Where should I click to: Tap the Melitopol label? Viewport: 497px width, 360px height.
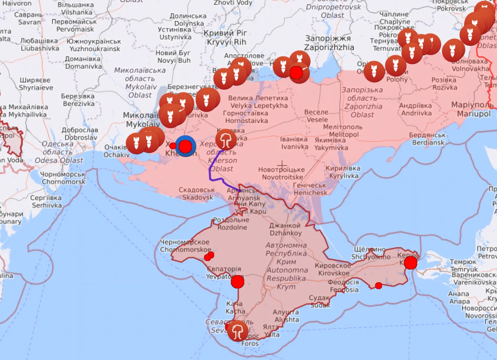(x=343, y=131)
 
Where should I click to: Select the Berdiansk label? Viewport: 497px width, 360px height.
(x=428, y=139)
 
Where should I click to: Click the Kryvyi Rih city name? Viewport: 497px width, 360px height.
(x=226, y=38)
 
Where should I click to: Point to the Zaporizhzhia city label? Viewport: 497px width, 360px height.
(x=329, y=43)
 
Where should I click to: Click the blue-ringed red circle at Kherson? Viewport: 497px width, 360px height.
(x=185, y=146)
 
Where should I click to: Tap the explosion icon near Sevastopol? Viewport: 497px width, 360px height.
(x=237, y=331)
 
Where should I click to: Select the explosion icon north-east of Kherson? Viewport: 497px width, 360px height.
(x=226, y=139)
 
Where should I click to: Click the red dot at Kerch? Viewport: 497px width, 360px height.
(x=410, y=263)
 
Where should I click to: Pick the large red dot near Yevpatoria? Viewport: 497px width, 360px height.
(x=237, y=282)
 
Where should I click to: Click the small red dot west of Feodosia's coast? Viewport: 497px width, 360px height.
(x=378, y=286)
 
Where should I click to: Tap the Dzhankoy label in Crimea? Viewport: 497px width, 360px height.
(x=285, y=229)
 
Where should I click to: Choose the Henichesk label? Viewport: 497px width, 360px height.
(x=310, y=189)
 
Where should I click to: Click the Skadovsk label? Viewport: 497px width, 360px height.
(x=197, y=194)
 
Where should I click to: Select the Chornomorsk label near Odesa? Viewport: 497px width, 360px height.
(x=63, y=178)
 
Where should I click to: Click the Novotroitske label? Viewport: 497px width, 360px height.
(x=282, y=173)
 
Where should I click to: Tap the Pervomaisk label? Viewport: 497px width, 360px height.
(x=74, y=25)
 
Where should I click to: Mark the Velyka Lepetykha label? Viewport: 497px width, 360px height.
(x=258, y=102)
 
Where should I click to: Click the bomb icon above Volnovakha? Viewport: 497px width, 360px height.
(x=454, y=50)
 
